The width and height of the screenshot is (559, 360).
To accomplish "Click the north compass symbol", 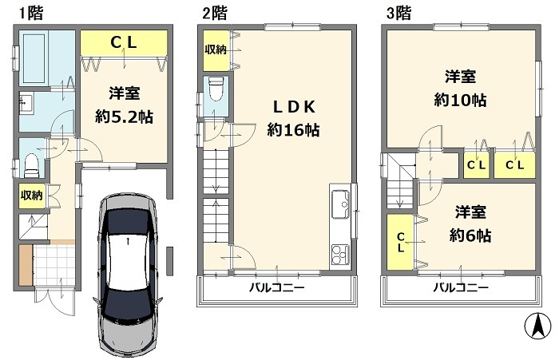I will coord(537,326).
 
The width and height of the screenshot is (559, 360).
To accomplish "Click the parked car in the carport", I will coord(128,271).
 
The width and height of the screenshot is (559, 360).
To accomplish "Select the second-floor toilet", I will coord(215,89).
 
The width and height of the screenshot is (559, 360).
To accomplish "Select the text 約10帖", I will coord(461,101).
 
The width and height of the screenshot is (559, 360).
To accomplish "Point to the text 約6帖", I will coord(470,235).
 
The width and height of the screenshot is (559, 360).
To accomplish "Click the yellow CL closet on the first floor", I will coord(124,42).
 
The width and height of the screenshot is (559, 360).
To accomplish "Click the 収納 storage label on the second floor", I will coord(214,50).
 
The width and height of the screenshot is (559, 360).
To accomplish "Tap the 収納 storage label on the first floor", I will coord(31,194).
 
